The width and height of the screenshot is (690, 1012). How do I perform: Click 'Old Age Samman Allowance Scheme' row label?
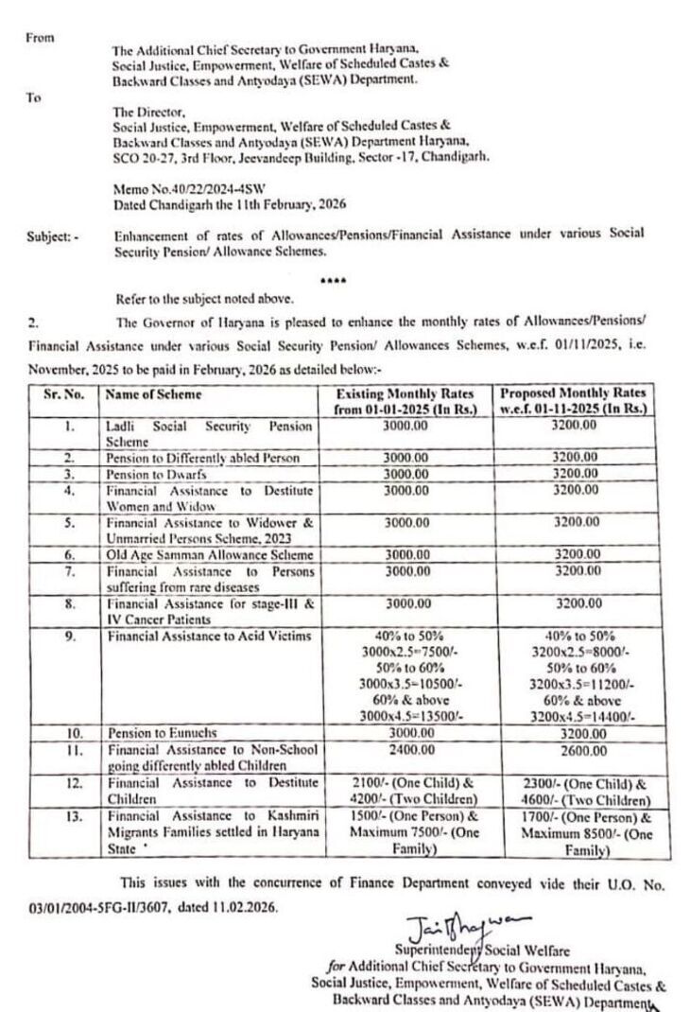click(x=209, y=554)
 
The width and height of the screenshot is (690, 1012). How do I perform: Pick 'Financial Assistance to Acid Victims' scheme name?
click(x=208, y=637)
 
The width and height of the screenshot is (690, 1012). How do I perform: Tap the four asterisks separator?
click(x=333, y=280)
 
